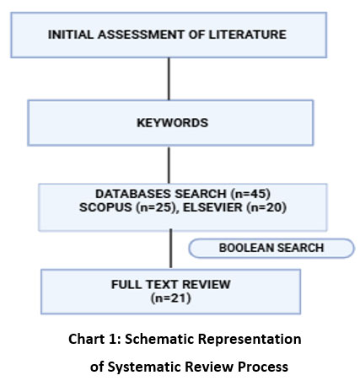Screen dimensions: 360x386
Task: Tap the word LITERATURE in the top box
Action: tap(247, 35)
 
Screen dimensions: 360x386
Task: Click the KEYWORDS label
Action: tap(172, 123)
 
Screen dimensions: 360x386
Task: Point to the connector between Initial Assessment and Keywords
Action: tap(169, 79)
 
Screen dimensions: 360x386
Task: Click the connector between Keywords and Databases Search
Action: tap(169, 164)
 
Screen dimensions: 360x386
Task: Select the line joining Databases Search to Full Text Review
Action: tap(170, 249)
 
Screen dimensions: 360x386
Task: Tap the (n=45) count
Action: tap(250, 194)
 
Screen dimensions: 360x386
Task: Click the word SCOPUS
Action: tap(105, 207)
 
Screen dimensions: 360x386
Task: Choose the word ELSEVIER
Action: tap(212, 207)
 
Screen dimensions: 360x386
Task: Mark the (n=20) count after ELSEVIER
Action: tap(266, 208)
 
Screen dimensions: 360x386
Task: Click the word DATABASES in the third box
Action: tap(133, 194)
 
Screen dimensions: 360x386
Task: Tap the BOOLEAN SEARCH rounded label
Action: tap(271, 248)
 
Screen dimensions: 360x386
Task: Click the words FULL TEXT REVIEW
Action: tap(171, 285)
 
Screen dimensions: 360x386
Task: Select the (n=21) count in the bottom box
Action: tap(171, 298)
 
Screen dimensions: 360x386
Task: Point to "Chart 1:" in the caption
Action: tap(94, 339)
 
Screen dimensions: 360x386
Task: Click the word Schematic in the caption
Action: tap(159, 339)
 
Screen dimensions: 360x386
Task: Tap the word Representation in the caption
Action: tap(250, 340)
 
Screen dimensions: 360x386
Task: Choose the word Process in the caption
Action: tap(263, 367)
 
